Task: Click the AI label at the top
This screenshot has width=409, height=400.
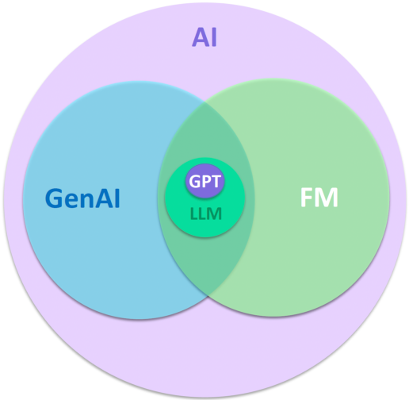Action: click(204, 37)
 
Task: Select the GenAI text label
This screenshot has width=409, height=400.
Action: click(82, 198)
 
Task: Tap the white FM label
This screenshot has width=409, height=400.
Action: click(319, 197)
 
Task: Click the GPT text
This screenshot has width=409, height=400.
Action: click(204, 181)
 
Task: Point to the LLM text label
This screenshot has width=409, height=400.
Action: click(206, 213)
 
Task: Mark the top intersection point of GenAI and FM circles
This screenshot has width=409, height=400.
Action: click(204, 102)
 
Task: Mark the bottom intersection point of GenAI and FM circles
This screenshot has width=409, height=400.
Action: click(208, 296)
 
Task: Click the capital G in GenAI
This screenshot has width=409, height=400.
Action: click(54, 198)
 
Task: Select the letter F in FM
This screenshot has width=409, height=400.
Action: click(307, 197)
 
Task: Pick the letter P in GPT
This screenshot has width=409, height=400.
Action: click(206, 182)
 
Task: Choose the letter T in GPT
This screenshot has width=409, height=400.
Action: click(216, 182)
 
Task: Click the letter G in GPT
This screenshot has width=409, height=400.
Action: click(195, 182)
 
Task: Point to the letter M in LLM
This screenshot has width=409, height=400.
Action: click(215, 213)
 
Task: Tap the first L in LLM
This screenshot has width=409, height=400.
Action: click(193, 213)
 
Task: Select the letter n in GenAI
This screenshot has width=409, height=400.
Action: click(86, 201)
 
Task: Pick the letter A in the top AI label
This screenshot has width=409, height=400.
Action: click(201, 37)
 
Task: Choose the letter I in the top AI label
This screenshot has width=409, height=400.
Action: click(214, 37)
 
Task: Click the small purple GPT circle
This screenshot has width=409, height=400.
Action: click(204, 181)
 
